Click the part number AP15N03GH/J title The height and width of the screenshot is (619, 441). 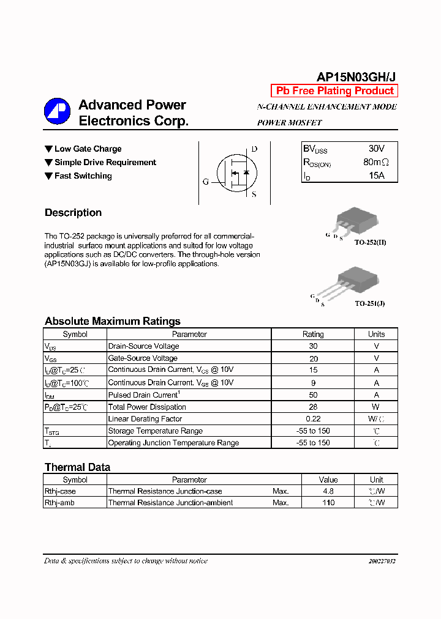[356, 76]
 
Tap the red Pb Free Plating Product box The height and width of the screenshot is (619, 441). [334, 91]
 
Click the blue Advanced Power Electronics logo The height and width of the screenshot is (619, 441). [57, 111]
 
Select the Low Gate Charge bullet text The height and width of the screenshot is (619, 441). [88, 149]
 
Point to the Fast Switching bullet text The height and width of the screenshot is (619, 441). [83, 176]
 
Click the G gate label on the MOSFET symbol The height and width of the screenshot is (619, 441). [206, 182]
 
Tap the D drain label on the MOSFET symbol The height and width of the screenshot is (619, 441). [254, 149]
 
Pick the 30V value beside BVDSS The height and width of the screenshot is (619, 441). [376, 149]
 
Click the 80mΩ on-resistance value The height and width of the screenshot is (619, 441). [375, 162]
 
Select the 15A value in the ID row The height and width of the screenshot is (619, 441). [376, 176]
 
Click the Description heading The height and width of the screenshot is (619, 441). [73, 213]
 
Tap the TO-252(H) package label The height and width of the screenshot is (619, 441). [370, 242]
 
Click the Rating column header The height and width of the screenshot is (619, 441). [313, 334]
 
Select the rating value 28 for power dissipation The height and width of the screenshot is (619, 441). [313, 407]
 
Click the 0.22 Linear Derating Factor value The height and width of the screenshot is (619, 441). [313, 419]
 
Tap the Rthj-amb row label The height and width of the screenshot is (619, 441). [60, 503]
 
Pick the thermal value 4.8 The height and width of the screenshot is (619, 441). [328, 491]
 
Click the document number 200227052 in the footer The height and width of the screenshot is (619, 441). [382, 561]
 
